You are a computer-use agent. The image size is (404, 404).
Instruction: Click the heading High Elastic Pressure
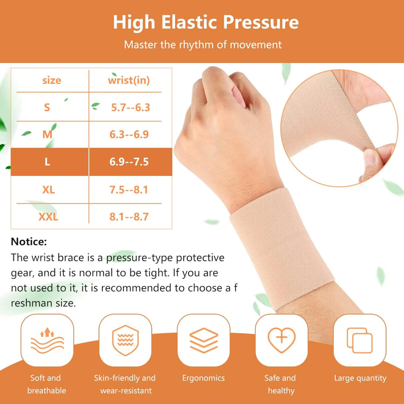(x=206, y=22)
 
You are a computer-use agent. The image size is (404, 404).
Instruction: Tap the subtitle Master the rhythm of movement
(x=203, y=45)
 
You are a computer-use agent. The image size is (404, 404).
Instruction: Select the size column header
(x=51, y=80)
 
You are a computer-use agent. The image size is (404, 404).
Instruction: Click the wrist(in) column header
(x=129, y=81)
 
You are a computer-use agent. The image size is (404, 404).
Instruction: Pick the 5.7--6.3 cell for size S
(x=131, y=107)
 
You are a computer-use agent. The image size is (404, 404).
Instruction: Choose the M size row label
(x=47, y=134)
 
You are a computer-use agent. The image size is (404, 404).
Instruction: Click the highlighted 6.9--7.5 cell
(x=129, y=162)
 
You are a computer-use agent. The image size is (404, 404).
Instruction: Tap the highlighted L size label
(x=47, y=162)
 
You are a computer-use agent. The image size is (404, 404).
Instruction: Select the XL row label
(x=49, y=190)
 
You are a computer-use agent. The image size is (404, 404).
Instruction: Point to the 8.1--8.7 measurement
(x=129, y=217)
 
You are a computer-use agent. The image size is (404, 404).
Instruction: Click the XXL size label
(x=48, y=217)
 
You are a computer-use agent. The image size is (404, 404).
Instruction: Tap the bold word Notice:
(x=29, y=242)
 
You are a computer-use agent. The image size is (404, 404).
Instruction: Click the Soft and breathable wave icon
(x=47, y=340)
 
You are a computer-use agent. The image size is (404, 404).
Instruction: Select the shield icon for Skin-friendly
(x=125, y=340)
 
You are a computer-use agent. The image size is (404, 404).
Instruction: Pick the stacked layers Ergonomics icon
(x=204, y=340)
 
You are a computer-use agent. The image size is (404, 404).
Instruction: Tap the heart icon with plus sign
(x=282, y=340)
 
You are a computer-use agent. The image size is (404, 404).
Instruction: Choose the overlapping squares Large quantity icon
(x=360, y=340)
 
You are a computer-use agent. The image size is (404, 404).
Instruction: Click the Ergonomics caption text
(x=204, y=378)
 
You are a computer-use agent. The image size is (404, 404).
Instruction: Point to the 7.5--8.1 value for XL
(x=129, y=190)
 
